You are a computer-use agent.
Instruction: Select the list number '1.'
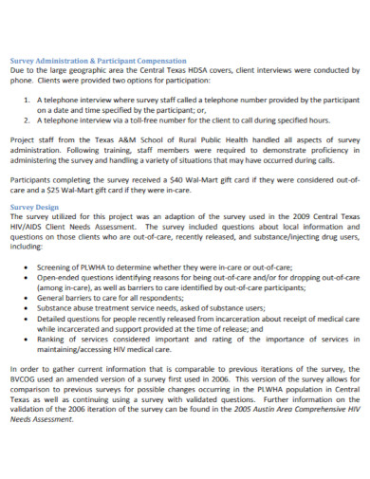[28, 98]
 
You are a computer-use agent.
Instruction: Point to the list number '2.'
[28, 120]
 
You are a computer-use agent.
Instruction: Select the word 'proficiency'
[312, 149]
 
